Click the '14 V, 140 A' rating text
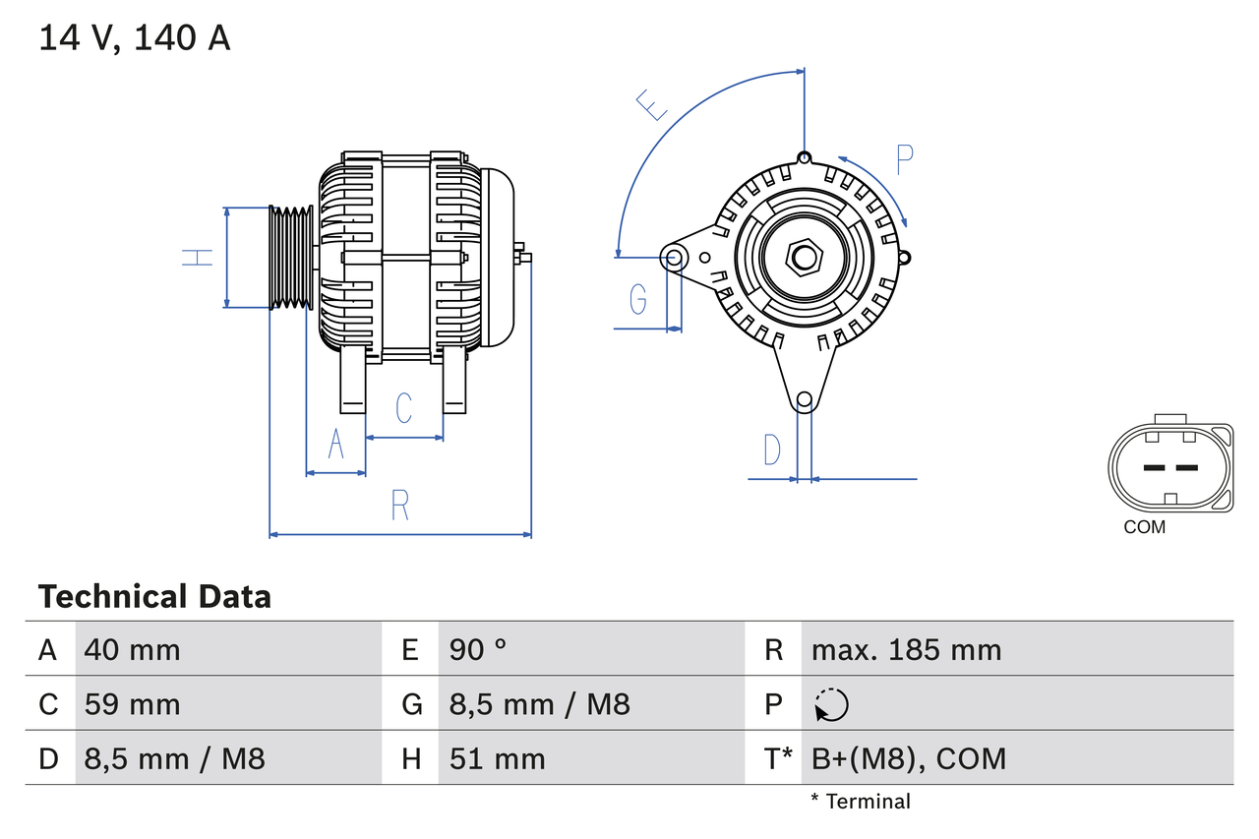pyautogui.click(x=135, y=37)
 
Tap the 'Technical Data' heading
pyautogui.click(x=154, y=596)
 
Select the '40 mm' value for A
pyautogui.click(x=132, y=649)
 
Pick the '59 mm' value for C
pyautogui.click(x=132, y=704)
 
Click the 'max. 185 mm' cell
pyautogui.click(x=906, y=649)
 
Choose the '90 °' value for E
pyautogui.click(x=478, y=649)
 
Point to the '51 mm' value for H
pyautogui.click(x=497, y=758)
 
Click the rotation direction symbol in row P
pyautogui.click(x=831, y=704)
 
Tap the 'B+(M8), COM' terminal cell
pyautogui.click(x=909, y=758)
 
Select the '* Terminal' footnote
pyautogui.click(x=861, y=801)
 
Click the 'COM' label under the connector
pyautogui.click(x=1144, y=527)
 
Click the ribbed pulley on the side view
pyautogui.click(x=291, y=258)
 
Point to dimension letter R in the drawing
pyautogui.click(x=399, y=505)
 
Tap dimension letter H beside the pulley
pyautogui.click(x=198, y=258)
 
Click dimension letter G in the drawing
pyautogui.click(x=637, y=298)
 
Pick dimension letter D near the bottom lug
pyautogui.click(x=772, y=449)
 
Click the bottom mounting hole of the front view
pyautogui.click(x=804, y=399)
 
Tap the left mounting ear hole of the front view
pyautogui.click(x=675, y=258)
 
